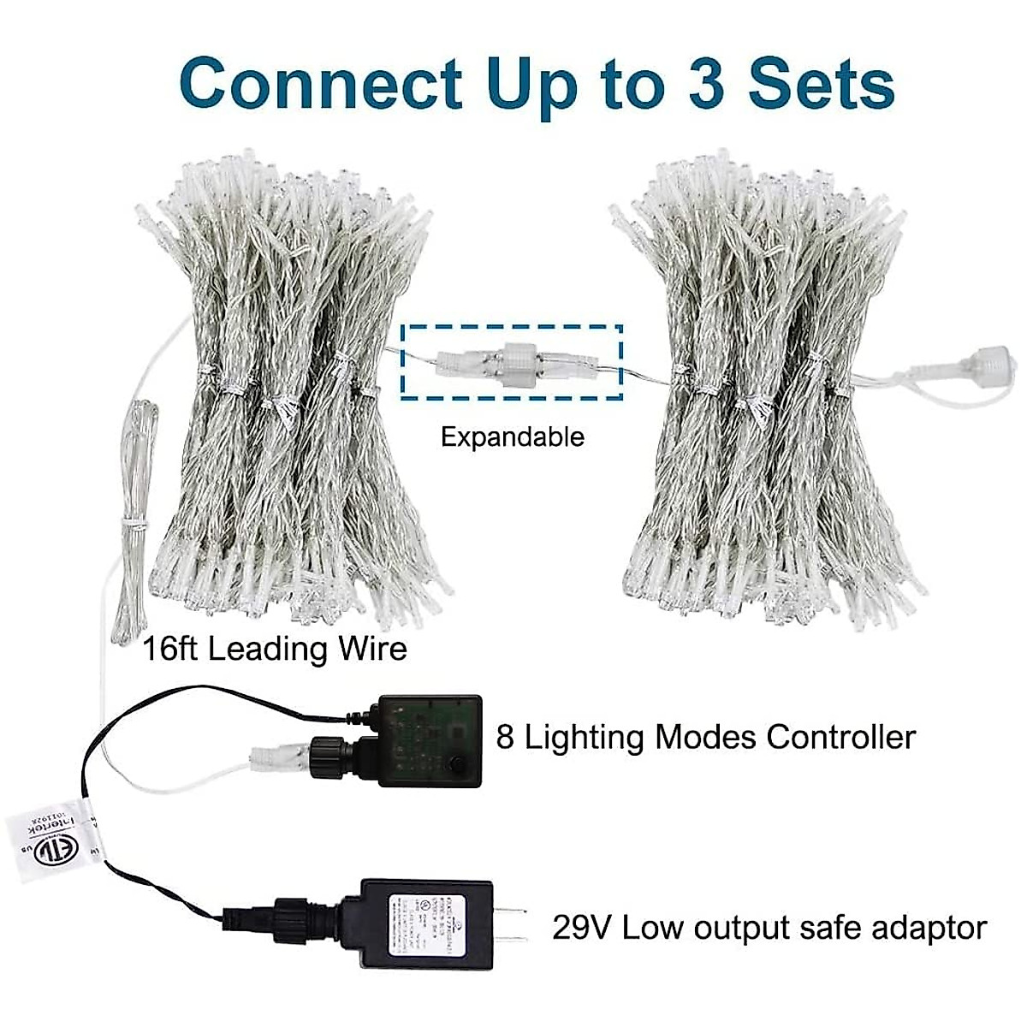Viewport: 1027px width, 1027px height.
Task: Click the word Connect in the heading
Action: tap(321, 84)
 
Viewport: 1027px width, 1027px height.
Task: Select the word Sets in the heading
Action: tap(822, 84)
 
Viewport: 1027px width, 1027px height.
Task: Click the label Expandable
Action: tap(512, 437)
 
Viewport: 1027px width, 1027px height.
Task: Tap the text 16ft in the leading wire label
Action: tap(171, 648)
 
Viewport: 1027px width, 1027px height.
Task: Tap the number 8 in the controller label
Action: tap(505, 737)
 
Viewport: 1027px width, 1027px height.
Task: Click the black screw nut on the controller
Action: tap(329, 753)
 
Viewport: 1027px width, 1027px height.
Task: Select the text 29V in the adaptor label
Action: tap(582, 927)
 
